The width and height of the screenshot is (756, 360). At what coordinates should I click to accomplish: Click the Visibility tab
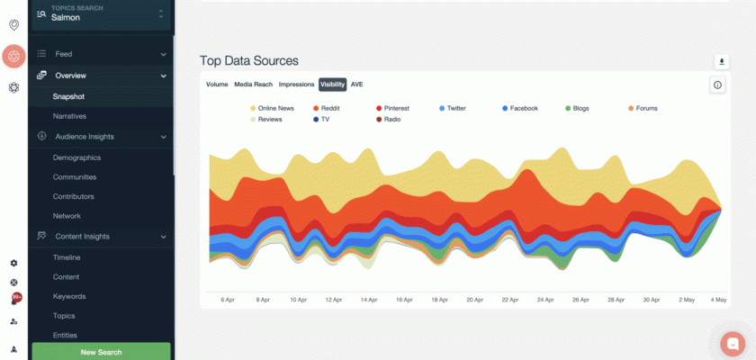pos(332,84)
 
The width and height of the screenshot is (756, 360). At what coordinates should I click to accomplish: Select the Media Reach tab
pos(254,84)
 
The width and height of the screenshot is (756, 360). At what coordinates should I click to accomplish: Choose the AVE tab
pos(357,84)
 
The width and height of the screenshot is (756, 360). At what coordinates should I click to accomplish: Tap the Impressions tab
pos(296,84)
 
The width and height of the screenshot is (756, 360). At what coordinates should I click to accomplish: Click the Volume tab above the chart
pos(217,84)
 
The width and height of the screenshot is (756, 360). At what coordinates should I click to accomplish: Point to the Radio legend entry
pos(391,119)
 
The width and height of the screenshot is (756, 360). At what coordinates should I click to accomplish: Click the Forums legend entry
pos(646,108)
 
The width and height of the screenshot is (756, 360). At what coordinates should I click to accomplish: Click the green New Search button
pos(101,352)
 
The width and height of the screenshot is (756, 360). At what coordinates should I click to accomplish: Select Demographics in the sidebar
pos(76,157)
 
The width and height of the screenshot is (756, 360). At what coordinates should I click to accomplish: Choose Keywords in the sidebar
pos(69,296)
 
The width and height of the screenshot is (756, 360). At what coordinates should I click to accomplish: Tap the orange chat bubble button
pos(733,344)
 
